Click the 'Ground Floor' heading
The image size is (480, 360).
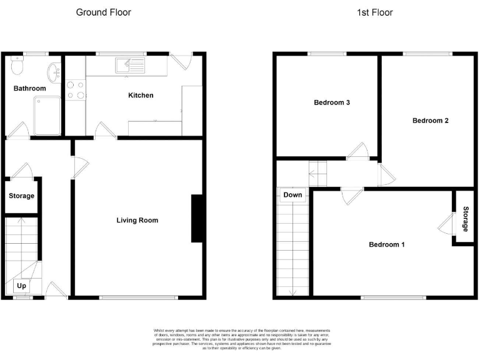click(103, 12)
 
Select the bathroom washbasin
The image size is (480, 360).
click(56, 71)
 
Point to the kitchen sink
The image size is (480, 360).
click(129, 64)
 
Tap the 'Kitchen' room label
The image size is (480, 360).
click(141, 95)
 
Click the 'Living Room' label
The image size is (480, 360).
click(137, 220)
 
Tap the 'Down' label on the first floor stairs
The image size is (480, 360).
click(292, 195)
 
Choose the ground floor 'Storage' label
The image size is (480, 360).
click(21, 196)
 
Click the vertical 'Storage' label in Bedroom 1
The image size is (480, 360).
click(466, 218)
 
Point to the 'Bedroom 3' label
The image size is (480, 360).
click(331, 102)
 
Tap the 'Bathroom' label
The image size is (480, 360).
click(30, 89)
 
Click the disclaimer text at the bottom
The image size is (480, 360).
click(241, 338)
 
